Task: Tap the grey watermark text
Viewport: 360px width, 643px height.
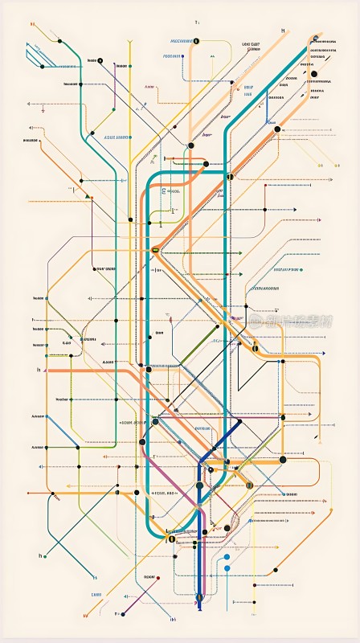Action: click(x=289, y=319)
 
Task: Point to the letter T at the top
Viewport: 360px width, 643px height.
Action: click(x=196, y=23)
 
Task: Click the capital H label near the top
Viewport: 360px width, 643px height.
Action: click(x=282, y=31)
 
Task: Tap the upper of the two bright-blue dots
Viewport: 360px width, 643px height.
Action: click(x=227, y=555)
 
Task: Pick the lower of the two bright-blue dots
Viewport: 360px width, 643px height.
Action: click(x=227, y=568)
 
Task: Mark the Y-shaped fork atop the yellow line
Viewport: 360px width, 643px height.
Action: click(x=129, y=41)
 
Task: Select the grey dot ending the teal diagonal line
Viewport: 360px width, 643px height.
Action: click(x=58, y=498)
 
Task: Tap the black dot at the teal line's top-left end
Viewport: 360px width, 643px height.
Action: click(x=59, y=40)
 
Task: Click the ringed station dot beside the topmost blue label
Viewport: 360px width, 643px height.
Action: click(x=197, y=40)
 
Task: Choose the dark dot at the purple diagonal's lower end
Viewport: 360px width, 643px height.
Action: click(x=123, y=613)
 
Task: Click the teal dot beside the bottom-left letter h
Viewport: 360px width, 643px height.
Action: click(x=47, y=555)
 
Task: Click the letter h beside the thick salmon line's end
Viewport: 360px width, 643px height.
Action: click(x=39, y=371)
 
